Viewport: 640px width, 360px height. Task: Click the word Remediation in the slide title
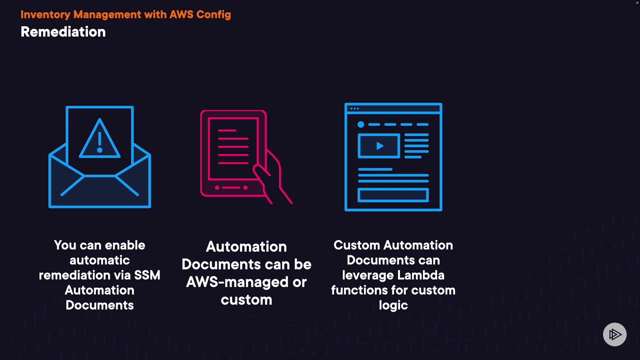point(63,32)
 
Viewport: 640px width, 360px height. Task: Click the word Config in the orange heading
point(213,15)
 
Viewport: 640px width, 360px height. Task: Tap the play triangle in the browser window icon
point(379,146)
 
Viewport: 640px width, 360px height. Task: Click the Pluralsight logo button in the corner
point(615,334)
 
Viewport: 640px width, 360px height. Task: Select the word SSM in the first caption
point(147,275)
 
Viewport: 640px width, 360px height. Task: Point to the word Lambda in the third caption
point(421,275)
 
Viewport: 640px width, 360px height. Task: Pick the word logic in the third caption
point(393,305)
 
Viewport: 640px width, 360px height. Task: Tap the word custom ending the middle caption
point(246,300)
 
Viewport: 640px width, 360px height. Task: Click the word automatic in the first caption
point(100,260)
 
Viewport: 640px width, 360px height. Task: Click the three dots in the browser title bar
point(355,109)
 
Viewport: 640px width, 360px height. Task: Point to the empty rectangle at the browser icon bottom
point(393,195)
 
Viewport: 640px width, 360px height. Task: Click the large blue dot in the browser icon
point(361,125)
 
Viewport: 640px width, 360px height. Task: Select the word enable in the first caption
point(125,245)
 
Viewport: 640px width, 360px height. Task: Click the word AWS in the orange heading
point(181,15)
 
